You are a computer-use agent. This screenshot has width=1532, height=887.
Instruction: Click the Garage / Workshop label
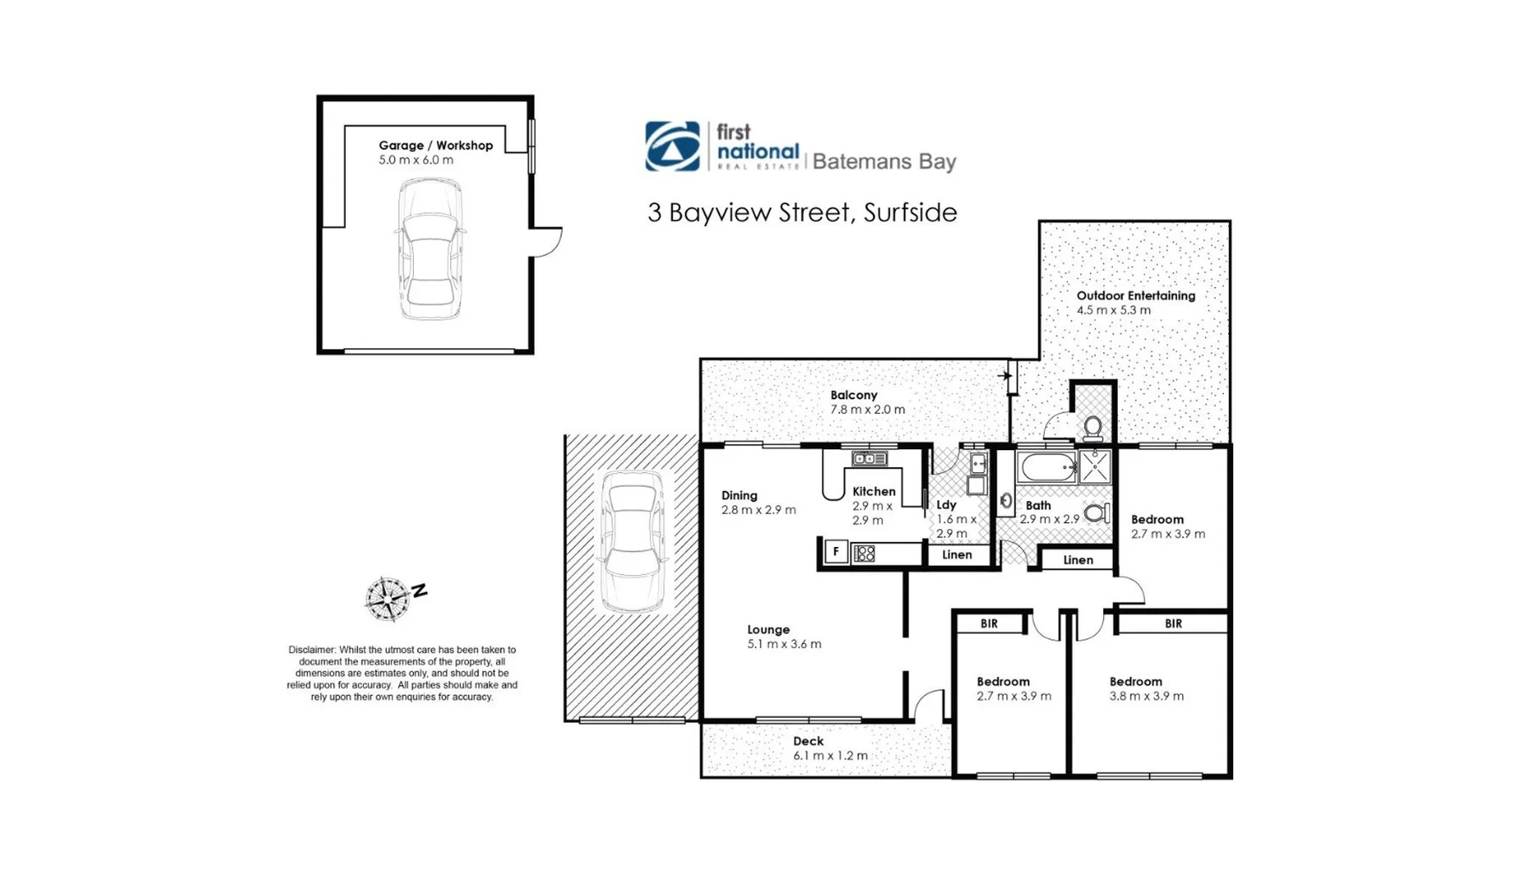(435, 145)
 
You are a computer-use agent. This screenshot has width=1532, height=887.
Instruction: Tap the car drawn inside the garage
(430, 249)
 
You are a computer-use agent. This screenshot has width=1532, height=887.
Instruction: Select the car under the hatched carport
(633, 542)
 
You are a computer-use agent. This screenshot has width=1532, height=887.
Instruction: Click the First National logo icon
(672, 146)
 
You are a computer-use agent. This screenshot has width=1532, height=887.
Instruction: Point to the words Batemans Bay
(884, 161)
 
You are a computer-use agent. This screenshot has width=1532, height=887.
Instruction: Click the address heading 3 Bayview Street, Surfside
(802, 213)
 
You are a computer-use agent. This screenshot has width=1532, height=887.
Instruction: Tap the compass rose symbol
(387, 599)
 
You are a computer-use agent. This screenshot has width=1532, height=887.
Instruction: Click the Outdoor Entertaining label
(1135, 296)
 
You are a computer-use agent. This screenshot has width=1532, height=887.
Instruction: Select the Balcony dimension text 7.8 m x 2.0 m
(867, 409)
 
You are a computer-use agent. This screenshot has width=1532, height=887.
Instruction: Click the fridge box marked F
(835, 552)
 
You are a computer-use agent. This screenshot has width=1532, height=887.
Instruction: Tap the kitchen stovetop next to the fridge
(864, 554)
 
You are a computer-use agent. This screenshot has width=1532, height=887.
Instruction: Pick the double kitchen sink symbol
(868, 459)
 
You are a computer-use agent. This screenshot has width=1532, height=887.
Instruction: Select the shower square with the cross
(1095, 466)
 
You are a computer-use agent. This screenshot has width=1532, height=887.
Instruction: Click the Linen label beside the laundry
(956, 555)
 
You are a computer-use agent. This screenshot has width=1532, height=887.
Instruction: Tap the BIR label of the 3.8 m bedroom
(1172, 623)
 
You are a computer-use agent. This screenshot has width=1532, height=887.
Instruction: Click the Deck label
(807, 741)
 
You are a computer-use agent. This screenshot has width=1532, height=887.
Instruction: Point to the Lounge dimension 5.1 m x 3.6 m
(784, 644)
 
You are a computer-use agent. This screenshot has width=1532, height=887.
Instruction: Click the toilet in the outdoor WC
(1093, 427)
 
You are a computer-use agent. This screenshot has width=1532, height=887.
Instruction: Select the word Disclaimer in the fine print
(311, 650)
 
